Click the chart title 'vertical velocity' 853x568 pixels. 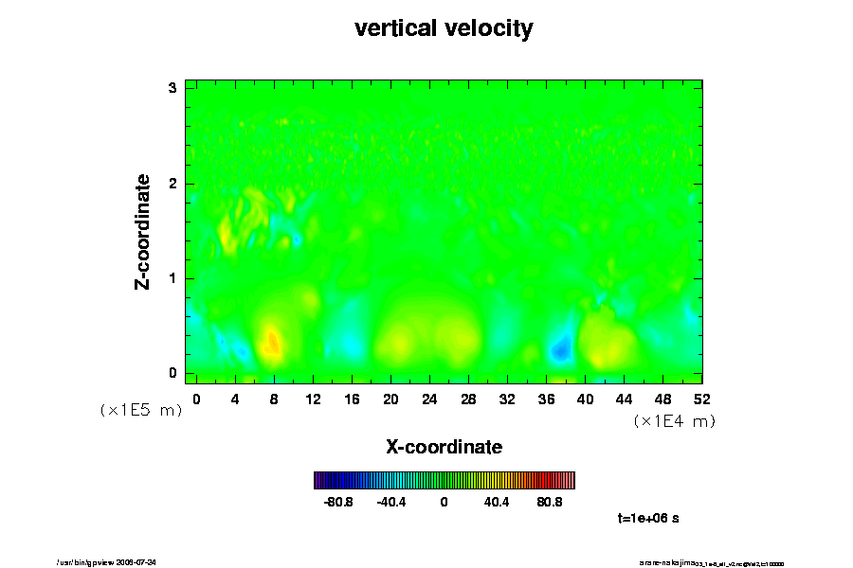444,28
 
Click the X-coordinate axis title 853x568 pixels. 444,446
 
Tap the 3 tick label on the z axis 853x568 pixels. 173,88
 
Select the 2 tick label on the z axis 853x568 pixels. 173,184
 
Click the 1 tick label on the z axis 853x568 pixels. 173,278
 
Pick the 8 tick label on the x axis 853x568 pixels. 274,399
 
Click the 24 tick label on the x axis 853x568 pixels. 429,399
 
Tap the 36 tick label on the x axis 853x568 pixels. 546,399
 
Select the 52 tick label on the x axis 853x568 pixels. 702,399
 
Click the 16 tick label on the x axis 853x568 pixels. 352,399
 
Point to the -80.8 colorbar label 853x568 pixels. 338,502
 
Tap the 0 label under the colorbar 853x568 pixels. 444,502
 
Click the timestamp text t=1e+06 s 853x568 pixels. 648,519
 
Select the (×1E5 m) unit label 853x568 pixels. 141,410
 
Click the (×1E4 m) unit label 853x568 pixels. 675,421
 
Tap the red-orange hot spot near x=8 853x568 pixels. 271,341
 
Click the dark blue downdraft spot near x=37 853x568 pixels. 560,350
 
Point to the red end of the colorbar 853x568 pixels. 567,480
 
